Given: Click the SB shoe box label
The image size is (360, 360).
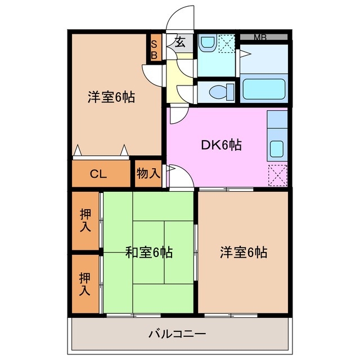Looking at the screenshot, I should point(154,48).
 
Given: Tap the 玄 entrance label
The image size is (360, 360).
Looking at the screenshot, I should point(181,42).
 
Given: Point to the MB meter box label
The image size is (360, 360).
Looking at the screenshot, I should point(260,37).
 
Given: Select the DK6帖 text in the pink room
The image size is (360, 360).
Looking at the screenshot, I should point(222,145).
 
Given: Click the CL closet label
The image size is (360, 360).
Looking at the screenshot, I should point(98,174).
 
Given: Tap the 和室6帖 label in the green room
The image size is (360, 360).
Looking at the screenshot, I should point(148,253).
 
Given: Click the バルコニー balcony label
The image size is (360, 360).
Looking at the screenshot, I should point(177,334).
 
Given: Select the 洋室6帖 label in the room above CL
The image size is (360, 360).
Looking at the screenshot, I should point(111,97).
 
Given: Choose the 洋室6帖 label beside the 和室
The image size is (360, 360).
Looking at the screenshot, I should point(243,253).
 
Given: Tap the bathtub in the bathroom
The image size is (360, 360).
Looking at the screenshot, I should point(264,89).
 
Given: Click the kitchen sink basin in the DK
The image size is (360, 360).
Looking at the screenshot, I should point(277,148).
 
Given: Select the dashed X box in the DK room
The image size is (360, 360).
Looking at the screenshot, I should point(278,175).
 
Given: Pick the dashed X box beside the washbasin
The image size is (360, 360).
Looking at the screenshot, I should point(226,43).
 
